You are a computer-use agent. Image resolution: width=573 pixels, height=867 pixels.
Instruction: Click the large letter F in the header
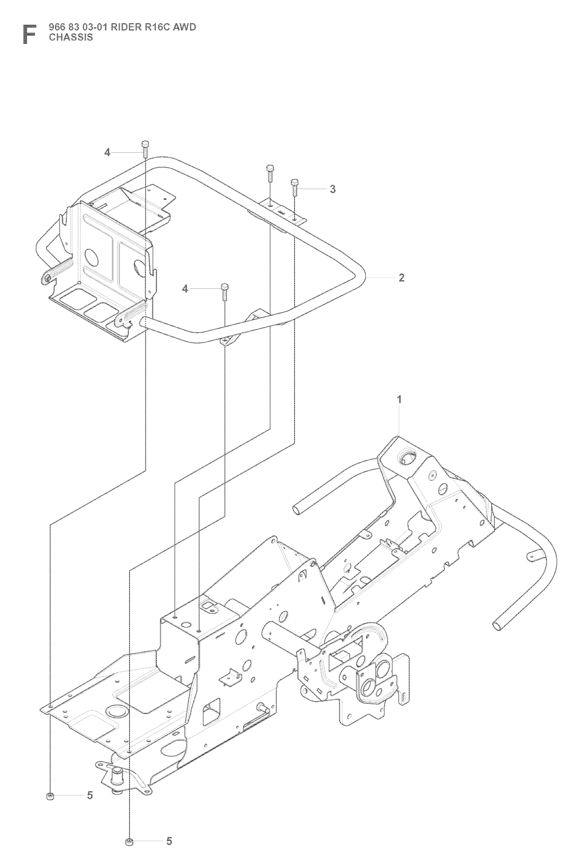coord(29,34)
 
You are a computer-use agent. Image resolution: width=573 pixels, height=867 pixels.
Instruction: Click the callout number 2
coord(401,277)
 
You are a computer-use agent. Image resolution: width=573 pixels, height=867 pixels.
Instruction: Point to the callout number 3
coord(332,189)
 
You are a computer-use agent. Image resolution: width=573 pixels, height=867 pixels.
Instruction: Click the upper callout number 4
coord(107,137)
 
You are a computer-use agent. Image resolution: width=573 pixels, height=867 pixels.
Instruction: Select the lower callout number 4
coord(185,288)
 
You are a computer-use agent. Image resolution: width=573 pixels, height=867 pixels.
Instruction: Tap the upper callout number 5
coord(90,795)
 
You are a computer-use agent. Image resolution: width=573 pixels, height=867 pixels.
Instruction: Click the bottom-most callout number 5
coord(169,841)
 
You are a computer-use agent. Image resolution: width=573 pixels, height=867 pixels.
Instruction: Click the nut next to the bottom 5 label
coord(129,841)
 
